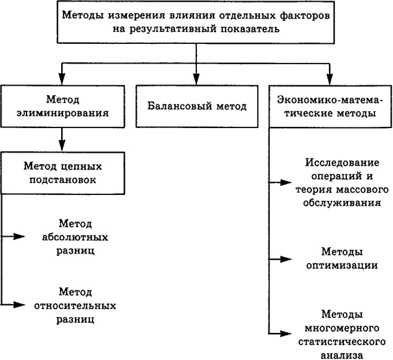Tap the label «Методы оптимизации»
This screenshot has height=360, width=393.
coord(342,258)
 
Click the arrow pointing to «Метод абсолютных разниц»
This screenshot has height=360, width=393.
coord(15,236)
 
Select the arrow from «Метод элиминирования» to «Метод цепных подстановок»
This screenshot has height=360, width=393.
coord(62,138)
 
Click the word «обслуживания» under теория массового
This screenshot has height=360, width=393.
coord(342,203)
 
